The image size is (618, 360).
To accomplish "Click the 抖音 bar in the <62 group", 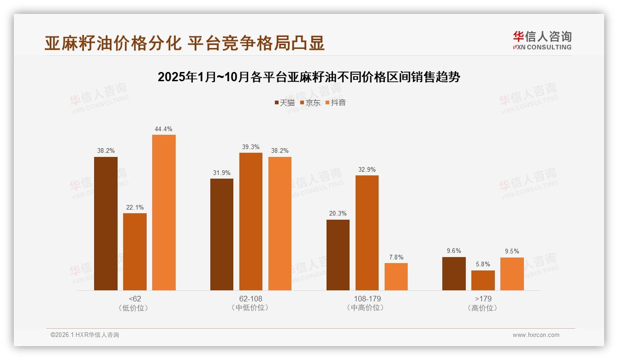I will click(x=164, y=212).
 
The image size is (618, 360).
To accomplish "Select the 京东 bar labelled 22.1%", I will click(x=135, y=252).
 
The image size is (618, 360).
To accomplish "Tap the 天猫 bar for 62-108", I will click(x=222, y=234).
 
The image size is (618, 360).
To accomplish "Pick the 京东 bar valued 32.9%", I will click(x=367, y=233).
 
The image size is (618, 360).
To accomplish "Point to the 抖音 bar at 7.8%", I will click(x=396, y=276).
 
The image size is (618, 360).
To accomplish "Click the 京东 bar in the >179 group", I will click(x=483, y=280).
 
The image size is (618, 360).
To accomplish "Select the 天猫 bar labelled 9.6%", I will click(x=454, y=274).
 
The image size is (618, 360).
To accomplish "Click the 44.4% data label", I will click(x=164, y=129).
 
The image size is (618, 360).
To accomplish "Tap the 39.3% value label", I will click(x=251, y=147).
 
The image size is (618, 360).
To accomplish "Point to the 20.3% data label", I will click(x=338, y=214).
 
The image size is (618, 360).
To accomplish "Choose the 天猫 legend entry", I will click(x=284, y=102).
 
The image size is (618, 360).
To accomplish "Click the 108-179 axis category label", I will click(x=367, y=299).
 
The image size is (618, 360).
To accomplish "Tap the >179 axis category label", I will click(x=483, y=299).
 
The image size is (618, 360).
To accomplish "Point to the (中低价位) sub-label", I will click(x=251, y=308).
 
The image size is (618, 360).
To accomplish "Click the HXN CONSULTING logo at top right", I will click(x=542, y=40).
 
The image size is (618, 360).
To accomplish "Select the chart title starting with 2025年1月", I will click(x=309, y=77).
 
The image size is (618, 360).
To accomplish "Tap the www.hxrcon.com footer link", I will click(x=536, y=335).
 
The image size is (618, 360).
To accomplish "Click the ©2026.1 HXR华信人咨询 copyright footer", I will click(x=85, y=335).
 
